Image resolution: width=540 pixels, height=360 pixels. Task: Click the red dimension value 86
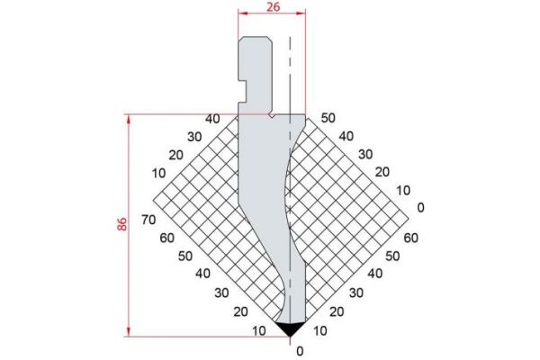tap(121, 225)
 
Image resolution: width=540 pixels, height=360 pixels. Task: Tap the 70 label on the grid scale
tap(149, 220)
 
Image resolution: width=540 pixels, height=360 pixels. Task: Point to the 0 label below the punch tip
tap(300, 351)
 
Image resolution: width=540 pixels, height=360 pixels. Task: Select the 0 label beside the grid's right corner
tap(420, 208)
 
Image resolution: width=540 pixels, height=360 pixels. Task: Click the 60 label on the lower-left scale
tap(166, 238)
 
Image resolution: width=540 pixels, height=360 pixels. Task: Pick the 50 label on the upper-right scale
tap(328, 118)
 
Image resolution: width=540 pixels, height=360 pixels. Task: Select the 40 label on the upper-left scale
tap(212, 119)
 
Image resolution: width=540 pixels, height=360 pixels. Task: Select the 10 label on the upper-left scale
tap(159, 172)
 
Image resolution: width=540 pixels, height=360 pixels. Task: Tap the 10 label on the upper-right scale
tap(402, 190)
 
